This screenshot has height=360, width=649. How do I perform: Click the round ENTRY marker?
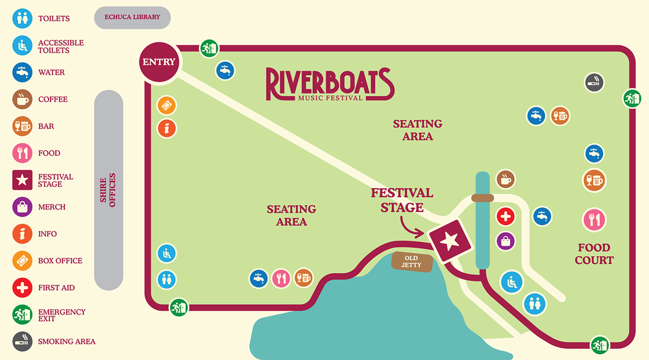tap(159, 62)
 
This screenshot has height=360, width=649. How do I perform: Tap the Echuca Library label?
tap(132, 18)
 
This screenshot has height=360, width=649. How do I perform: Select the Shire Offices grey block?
tap(108, 189)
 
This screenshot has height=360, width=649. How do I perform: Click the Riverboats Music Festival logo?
tap(329, 84)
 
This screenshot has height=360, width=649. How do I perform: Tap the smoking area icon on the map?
tap(594, 82)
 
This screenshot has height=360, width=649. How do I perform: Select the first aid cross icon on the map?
tap(506, 217)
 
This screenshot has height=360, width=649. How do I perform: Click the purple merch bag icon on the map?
tap(506, 241)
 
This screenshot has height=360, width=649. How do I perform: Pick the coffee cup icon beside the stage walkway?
tap(506, 180)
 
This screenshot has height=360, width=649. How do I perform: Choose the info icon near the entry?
tap(167, 128)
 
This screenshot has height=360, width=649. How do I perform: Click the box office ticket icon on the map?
tap(167, 105)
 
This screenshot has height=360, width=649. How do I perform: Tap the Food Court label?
tap(594, 254)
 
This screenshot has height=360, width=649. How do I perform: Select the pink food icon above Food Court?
tap(594, 220)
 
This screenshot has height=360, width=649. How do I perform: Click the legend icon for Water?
tap(22, 72)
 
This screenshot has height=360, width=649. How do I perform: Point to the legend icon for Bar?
tap(22, 126)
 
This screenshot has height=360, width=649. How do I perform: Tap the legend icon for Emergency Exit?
tap(22, 315)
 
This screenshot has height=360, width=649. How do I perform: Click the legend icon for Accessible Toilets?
tap(22, 45)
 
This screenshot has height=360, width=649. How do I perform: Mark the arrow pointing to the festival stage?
tap(413, 226)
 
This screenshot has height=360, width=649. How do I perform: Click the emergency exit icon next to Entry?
tap(209, 48)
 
